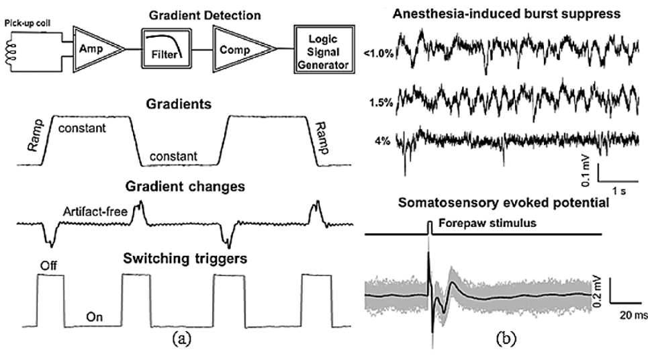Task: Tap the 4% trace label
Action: coord(383,142)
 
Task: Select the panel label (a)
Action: coord(183,339)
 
